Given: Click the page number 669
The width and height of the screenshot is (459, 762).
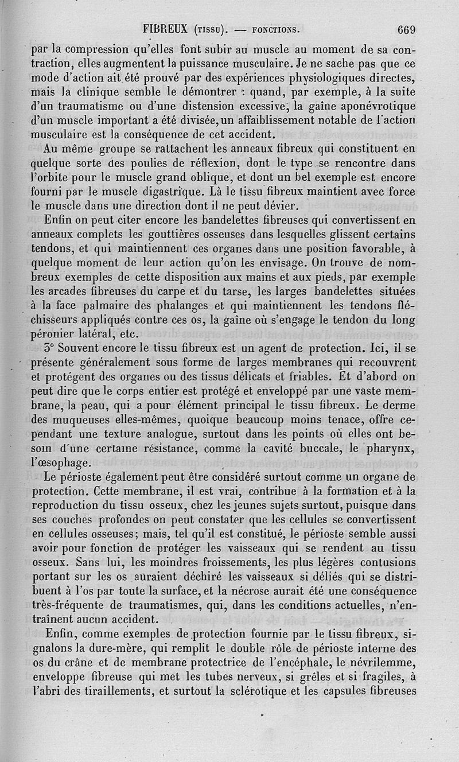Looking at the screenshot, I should pyautogui.click(x=404, y=29).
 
